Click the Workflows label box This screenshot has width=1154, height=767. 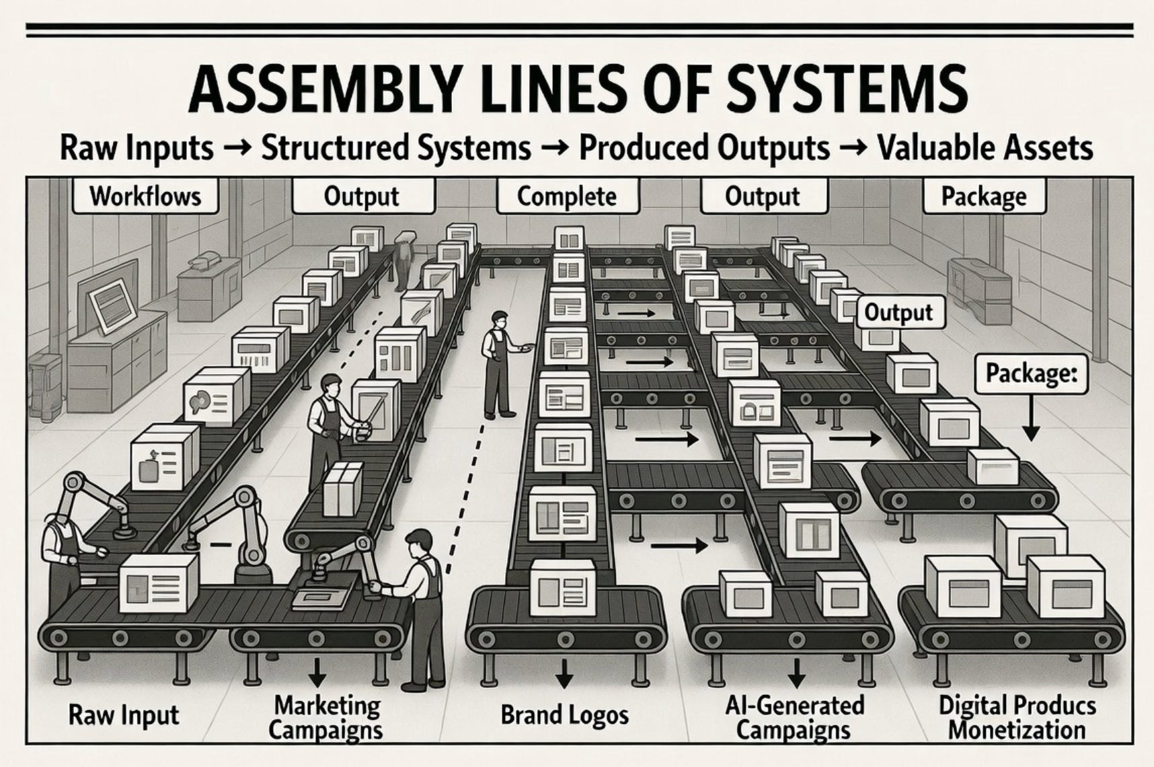tap(145, 196)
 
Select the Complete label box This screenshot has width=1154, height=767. tap(566, 196)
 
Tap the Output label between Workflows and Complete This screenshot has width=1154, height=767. tap(362, 196)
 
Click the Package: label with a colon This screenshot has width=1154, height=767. tap(1030, 373)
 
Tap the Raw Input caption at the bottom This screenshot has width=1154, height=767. tap(124, 715)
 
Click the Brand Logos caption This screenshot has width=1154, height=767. tap(564, 715)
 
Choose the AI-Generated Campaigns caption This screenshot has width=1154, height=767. tap(794, 717)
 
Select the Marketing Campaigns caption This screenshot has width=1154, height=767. tap(327, 717)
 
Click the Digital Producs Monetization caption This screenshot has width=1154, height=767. tap(1017, 717)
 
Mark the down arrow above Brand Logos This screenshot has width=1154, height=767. tap(564, 672)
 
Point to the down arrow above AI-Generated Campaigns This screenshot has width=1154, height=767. tap(796, 672)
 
